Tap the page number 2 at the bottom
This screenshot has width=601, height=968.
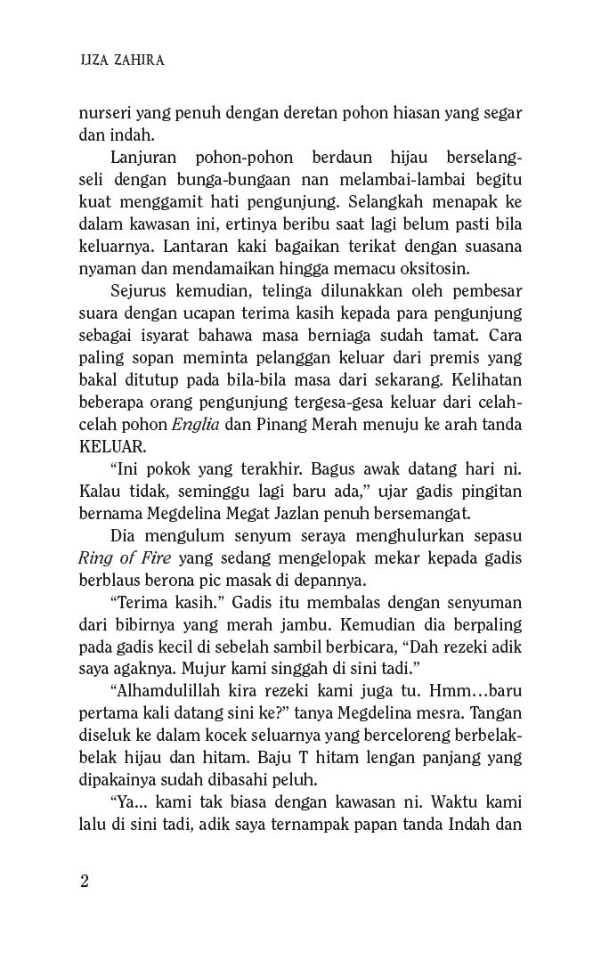click(85, 882)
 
